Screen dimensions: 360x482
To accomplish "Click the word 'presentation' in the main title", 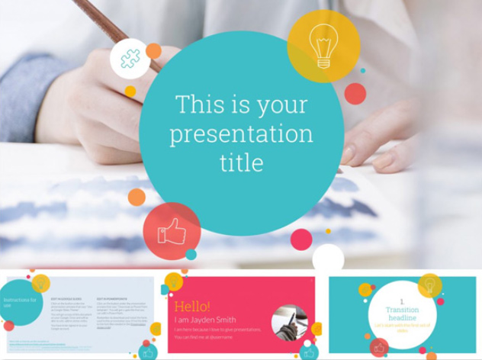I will pos(241,134).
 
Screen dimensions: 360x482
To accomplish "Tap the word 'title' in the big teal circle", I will pos(241,162).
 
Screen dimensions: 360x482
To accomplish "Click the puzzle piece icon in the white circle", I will pos(130,59).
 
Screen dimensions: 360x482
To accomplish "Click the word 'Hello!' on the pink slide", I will pos(192,305).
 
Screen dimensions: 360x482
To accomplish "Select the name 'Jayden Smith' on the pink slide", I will pos(213,320).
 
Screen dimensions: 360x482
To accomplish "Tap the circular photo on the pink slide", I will pos(289,323).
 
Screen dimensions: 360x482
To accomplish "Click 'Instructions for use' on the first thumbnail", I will pos(19,302).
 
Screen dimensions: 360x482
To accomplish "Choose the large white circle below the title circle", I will pos(328,258).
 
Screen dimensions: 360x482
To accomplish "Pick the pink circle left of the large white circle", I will pos(301,239).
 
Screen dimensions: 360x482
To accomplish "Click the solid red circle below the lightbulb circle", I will pos(355,94).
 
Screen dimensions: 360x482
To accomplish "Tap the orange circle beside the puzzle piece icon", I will pos(154,51).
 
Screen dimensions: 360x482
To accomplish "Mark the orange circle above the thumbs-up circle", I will pos(137,197).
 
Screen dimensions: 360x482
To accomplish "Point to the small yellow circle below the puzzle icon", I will pos(130,92).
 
